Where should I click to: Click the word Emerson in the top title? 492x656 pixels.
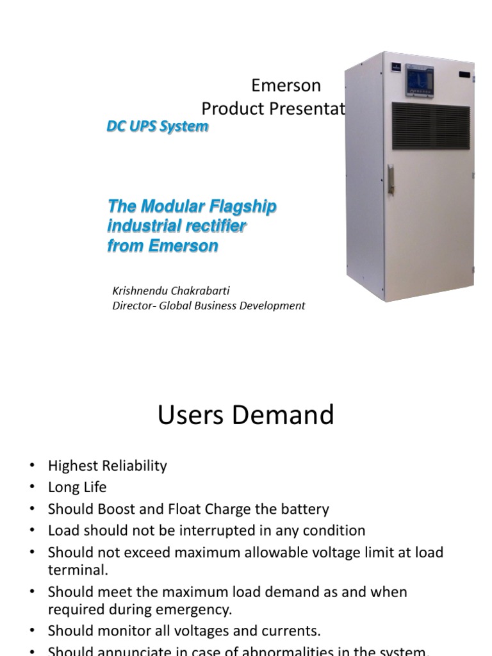click(286, 85)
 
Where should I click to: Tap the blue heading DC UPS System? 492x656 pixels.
click(157, 126)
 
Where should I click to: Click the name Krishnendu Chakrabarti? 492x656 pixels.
click(171, 290)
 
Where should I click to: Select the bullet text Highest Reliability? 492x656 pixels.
click(107, 466)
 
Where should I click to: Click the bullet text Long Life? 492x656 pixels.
click(77, 487)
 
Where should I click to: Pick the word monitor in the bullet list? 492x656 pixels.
click(119, 630)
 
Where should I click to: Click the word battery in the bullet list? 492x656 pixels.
click(304, 509)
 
